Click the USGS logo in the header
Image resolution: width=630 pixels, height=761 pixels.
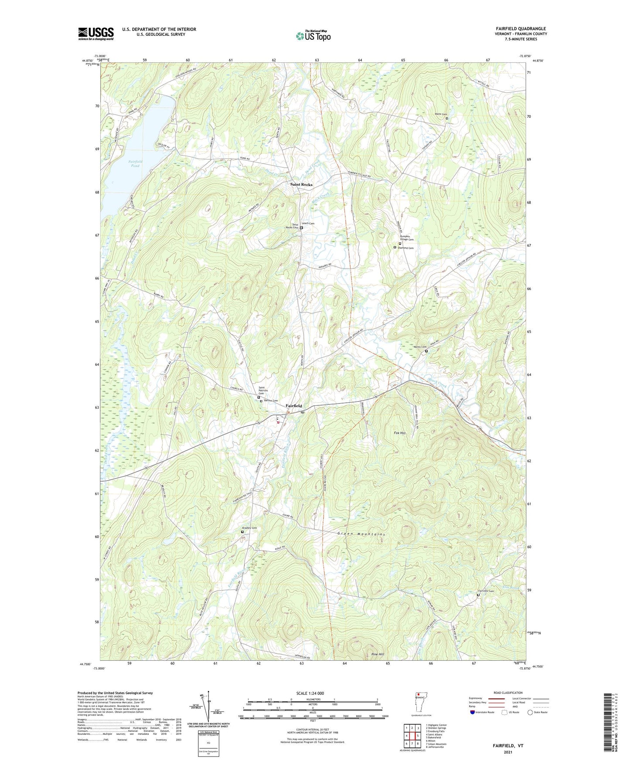pyautogui.click(x=95, y=34)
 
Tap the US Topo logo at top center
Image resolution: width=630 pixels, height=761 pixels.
pyautogui.click(x=313, y=35)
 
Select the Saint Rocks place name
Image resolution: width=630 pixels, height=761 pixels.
pyautogui.click(x=301, y=184)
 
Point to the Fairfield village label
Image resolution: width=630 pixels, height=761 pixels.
pyautogui.click(x=293, y=406)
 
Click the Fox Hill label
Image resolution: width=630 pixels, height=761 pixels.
pyautogui.click(x=399, y=433)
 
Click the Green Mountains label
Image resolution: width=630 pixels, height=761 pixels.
pyautogui.click(x=361, y=534)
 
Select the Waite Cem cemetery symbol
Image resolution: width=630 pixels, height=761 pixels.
pyautogui.click(x=446, y=118)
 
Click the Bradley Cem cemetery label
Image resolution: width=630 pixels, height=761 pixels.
pyautogui.click(x=250, y=528)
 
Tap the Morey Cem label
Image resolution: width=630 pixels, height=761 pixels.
pyautogui.click(x=418, y=347)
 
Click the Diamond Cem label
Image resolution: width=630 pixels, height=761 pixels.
pyautogui.click(x=405, y=248)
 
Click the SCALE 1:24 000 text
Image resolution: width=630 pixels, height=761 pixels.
pyautogui.click(x=312, y=693)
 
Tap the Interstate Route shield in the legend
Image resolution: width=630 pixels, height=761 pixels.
pyautogui.click(x=473, y=712)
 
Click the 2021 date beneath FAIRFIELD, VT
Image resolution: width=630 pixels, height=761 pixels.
pyautogui.click(x=507, y=752)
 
